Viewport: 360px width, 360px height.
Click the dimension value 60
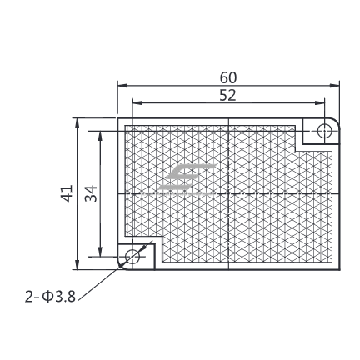228,78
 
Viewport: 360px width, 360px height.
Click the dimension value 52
227,95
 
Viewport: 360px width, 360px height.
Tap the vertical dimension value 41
67,193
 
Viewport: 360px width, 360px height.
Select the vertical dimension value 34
91,193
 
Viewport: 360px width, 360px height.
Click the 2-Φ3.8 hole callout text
50,297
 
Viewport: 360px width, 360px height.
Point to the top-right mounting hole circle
324,131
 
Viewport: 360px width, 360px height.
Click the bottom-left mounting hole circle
132,257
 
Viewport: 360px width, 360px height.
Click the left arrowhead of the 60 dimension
122,86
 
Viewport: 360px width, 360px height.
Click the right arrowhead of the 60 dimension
334,86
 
